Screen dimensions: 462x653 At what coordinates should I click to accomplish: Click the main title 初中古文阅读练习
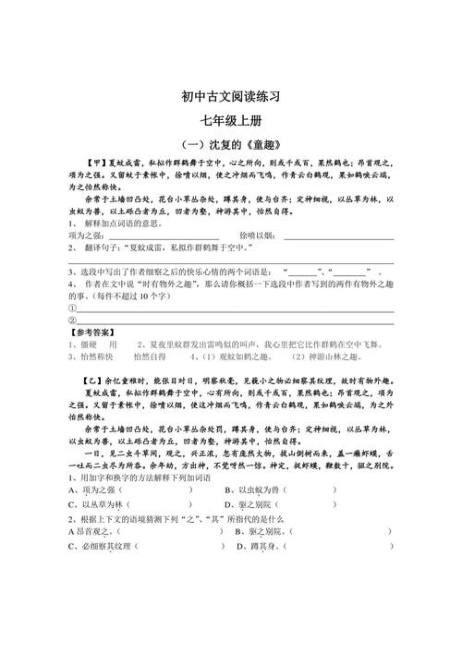click(230, 96)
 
